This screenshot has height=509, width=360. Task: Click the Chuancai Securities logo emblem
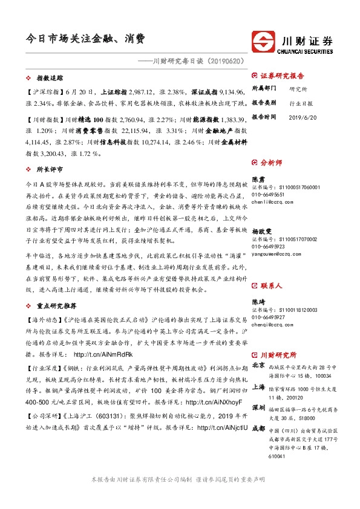click(265, 41)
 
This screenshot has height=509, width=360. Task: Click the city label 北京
click(258, 366)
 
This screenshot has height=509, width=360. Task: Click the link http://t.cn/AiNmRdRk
click(103, 354)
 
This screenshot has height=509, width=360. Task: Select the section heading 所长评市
click(51, 170)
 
